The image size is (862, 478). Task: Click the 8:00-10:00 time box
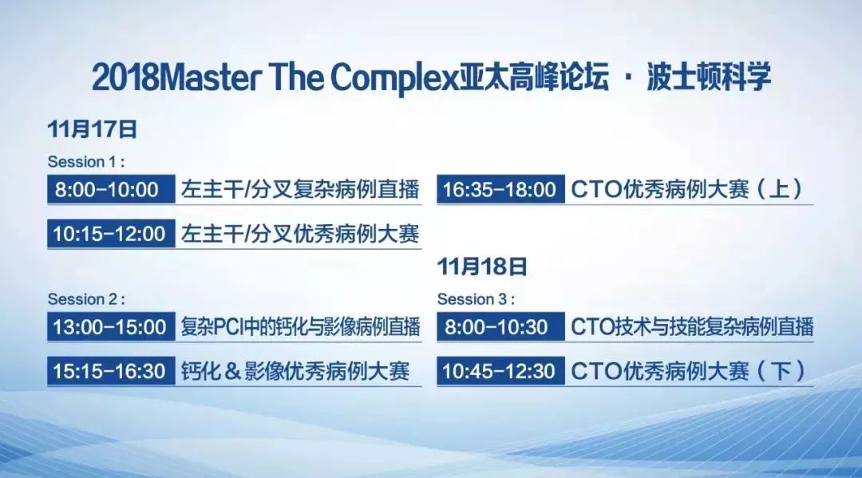[111, 189]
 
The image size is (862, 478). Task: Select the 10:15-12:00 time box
[111, 234]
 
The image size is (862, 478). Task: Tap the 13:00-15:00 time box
[111, 327]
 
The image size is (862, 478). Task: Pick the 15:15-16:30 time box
[111, 371]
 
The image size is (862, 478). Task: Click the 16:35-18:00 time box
[500, 189]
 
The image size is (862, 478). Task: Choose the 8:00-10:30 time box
[500, 327]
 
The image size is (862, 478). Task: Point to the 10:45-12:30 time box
[500, 371]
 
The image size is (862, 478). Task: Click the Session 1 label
[85, 161]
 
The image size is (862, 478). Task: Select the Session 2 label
[85, 299]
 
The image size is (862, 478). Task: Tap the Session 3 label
[476, 299]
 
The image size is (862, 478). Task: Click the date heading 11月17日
[93, 129]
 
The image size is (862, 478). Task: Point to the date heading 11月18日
[482, 267]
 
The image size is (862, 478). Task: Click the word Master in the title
[211, 77]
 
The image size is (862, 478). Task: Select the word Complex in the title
[394, 78]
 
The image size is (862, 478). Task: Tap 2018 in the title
[125, 77]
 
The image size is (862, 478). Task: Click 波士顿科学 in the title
[709, 77]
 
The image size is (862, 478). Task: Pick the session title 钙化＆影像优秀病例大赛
[295, 371]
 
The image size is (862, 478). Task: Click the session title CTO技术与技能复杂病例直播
[692, 327]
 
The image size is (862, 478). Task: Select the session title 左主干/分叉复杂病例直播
[300, 189]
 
